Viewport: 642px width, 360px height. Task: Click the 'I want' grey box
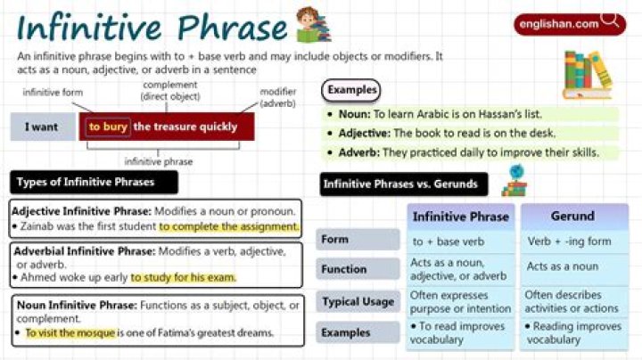click(41, 127)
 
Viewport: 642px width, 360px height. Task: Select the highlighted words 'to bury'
click(108, 127)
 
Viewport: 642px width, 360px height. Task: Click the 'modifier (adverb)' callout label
click(277, 96)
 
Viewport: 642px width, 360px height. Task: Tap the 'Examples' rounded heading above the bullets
click(350, 90)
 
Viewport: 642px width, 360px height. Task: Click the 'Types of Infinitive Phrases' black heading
click(94, 183)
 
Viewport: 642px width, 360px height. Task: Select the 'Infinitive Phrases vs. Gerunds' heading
click(405, 184)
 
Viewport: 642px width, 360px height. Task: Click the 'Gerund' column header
click(573, 217)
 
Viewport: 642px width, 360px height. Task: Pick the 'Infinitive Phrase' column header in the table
click(460, 217)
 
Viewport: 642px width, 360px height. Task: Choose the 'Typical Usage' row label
click(358, 301)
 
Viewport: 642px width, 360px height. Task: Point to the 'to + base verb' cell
click(448, 241)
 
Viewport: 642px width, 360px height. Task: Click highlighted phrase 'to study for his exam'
click(183, 277)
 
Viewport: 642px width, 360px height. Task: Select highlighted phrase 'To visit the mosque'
click(70, 333)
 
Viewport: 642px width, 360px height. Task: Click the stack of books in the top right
click(588, 73)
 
